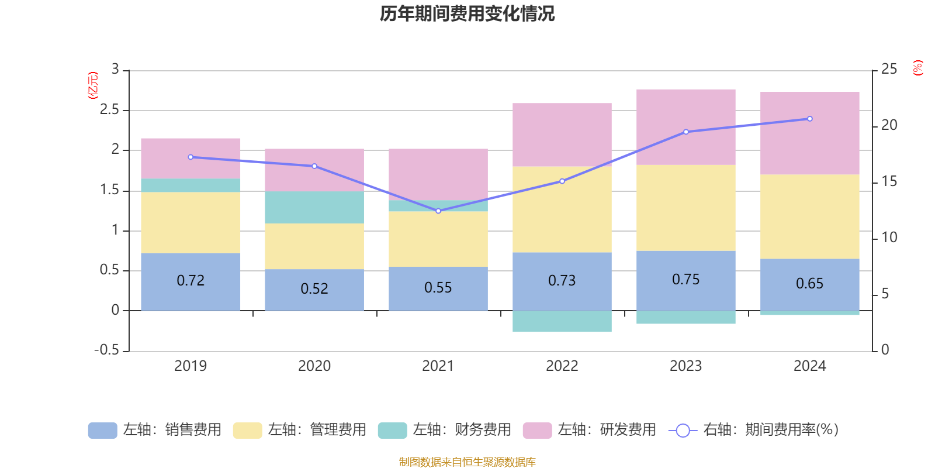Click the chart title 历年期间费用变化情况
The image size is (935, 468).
point(467,13)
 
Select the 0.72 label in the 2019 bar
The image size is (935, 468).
point(191,281)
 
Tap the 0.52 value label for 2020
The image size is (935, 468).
point(314,289)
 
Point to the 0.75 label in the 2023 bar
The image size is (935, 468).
point(685,280)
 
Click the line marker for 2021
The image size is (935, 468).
point(438,211)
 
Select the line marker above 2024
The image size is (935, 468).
point(810,119)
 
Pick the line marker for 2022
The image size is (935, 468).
point(562,181)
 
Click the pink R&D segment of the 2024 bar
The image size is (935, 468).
point(810,133)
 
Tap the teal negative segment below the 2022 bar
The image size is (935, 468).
point(562,322)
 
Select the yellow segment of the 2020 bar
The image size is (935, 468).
point(314,246)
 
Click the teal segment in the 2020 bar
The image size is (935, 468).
point(314,207)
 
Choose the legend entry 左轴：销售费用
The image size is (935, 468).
point(155,430)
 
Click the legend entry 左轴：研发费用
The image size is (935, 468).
point(590,430)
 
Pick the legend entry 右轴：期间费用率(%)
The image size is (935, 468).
point(754,430)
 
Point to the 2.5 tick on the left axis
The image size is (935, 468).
point(109,110)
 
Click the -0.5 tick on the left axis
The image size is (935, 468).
point(106,350)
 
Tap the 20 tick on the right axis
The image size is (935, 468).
point(889,125)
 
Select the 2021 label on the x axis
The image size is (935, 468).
point(438,366)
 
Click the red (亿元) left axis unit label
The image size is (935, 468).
point(92,85)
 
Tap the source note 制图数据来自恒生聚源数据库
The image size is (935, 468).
point(467,462)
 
